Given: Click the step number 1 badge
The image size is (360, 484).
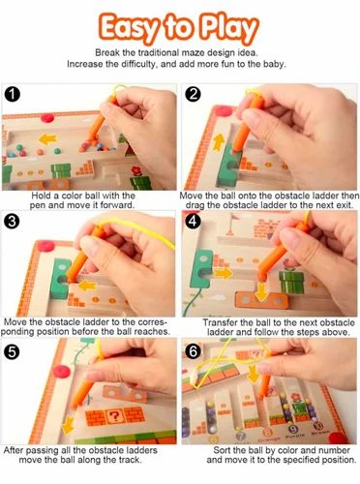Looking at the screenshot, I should (13, 95).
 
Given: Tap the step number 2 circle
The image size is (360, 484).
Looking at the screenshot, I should (193, 95).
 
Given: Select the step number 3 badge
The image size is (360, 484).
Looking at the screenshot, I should (13, 221).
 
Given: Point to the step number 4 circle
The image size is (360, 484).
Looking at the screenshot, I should (193, 221).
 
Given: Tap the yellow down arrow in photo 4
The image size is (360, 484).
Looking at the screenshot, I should (262, 290).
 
